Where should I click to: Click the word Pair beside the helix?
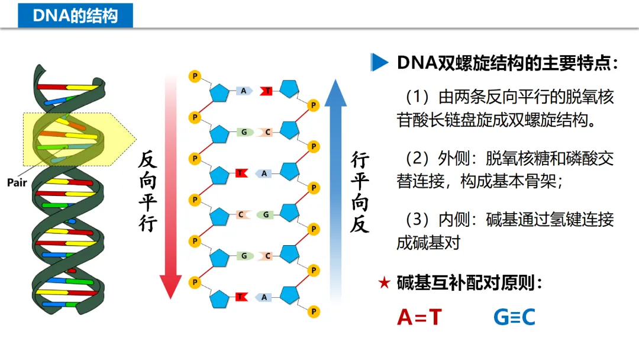[18, 183]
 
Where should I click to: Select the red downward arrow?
[171, 189]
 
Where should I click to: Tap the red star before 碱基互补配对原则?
[384, 283]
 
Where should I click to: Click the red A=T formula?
[419, 317]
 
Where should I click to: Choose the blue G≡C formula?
[514, 317]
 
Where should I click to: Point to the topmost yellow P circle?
[193, 76]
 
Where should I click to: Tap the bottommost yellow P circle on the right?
[314, 311]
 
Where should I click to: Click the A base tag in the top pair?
[244, 91]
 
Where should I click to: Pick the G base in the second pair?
[244, 132]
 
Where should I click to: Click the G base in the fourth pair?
[266, 214]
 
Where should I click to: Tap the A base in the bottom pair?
[264, 297]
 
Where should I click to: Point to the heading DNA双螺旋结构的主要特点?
[507, 63]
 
